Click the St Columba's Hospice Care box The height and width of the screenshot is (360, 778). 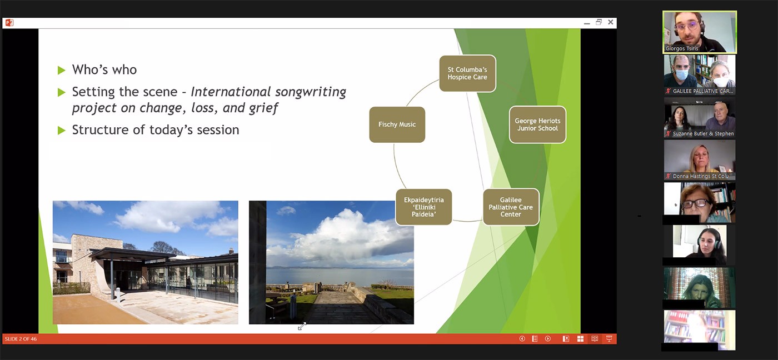[x=467, y=73]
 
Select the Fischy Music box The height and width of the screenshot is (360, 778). [x=397, y=124]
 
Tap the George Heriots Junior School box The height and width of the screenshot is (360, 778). [x=537, y=124]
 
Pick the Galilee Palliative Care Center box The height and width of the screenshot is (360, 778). [x=511, y=207]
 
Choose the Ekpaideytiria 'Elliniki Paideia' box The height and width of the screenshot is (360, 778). [x=423, y=207]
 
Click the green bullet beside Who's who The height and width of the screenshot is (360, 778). [x=62, y=70]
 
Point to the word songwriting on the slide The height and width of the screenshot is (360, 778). [x=310, y=92]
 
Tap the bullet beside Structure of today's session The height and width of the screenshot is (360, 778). [x=62, y=131]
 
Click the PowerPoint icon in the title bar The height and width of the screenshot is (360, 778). [x=9, y=23]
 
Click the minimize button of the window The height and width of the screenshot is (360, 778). [x=587, y=23]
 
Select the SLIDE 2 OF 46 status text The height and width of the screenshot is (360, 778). [x=21, y=339]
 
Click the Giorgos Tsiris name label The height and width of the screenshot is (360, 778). [x=682, y=48]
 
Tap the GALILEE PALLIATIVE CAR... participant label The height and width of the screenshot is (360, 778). [x=702, y=91]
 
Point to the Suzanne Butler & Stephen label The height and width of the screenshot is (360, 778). [x=704, y=134]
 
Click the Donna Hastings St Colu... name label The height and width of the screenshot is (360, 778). [x=702, y=176]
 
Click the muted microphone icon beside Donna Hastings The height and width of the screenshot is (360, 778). [x=668, y=176]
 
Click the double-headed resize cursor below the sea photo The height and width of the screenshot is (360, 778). [x=302, y=326]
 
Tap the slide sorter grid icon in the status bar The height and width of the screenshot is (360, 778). [x=580, y=339]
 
